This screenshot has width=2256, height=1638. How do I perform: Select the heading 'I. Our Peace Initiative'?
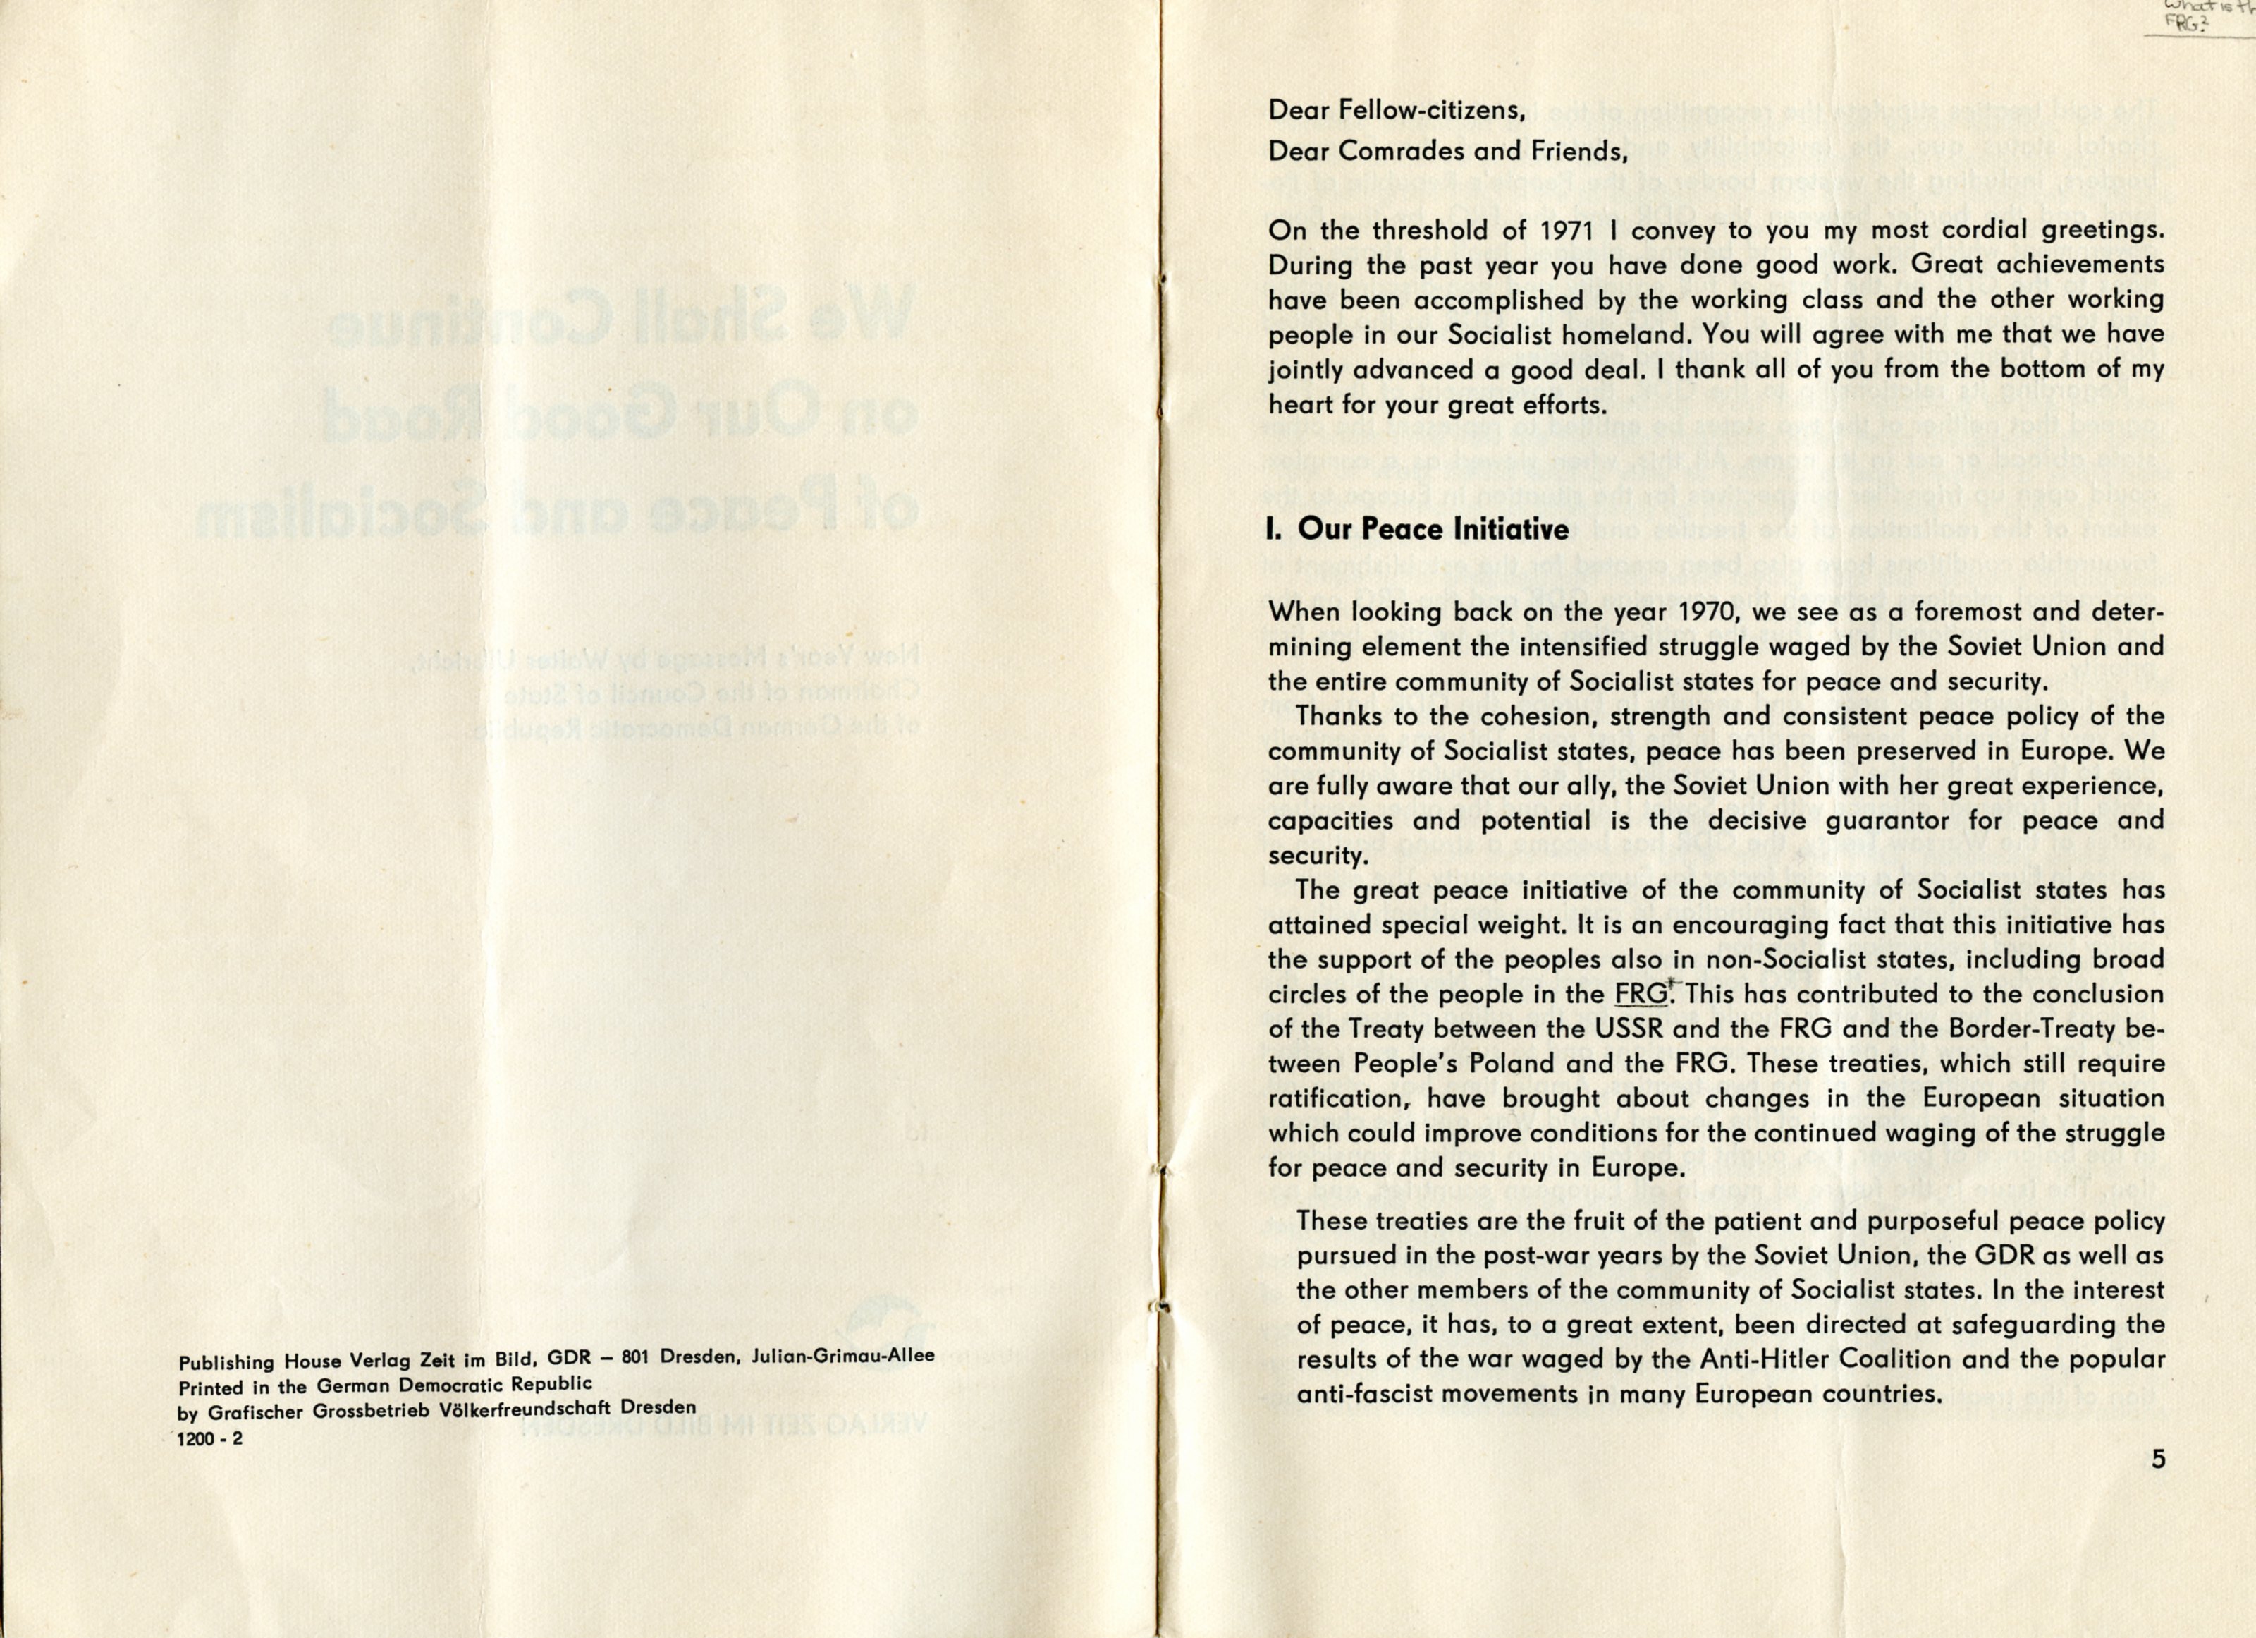1418,529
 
